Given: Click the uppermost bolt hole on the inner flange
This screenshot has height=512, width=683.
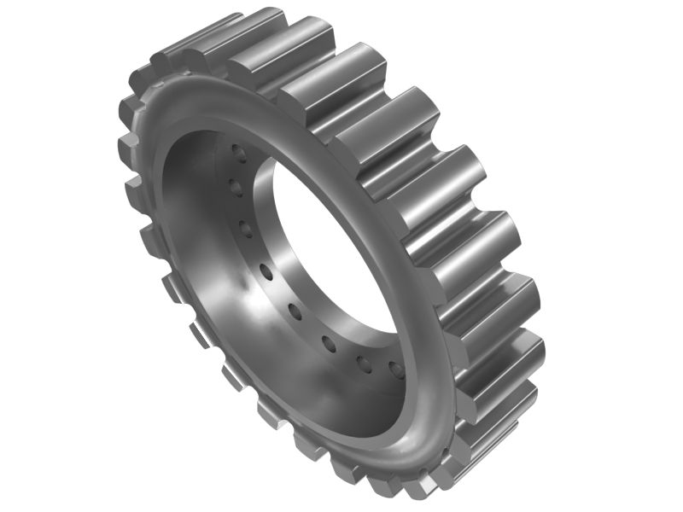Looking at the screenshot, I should pyautogui.click(x=239, y=154).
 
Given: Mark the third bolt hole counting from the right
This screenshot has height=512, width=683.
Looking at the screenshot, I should pyautogui.click(x=330, y=343).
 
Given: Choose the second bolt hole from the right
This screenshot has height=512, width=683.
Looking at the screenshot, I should pyautogui.click(x=365, y=364).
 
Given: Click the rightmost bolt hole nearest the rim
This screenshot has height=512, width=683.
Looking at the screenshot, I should pyautogui.click(x=395, y=369).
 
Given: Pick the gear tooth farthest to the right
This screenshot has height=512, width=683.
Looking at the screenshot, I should pyautogui.click(x=512, y=341).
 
